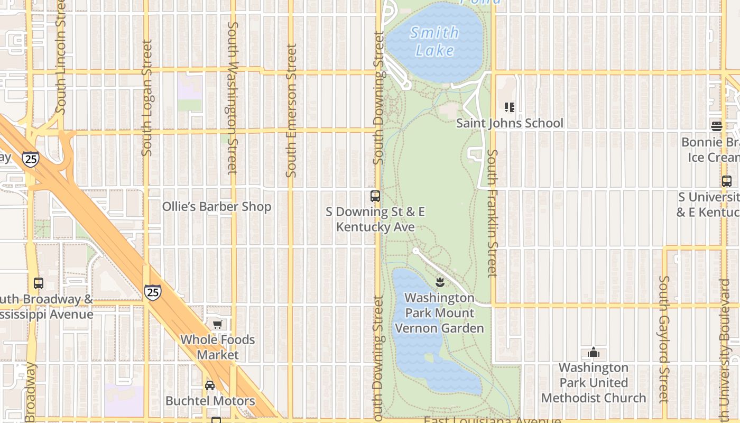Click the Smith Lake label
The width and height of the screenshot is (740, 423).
[x=434, y=41]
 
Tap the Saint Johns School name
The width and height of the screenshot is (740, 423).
[x=510, y=123]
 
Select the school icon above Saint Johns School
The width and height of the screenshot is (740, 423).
[x=510, y=107]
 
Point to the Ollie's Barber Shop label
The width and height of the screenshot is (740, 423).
[x=217, y=207]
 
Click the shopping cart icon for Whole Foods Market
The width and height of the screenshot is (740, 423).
[x=217, y=324]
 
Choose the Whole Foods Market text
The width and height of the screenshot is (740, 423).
[x=218, y=347]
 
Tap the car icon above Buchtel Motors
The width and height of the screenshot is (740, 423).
[x=210, y=385]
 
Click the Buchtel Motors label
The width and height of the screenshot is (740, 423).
[x=210, y=401]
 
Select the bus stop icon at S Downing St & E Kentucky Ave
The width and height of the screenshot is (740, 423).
[x=375, y=196]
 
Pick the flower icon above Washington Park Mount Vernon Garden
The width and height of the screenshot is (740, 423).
[x=440, y=282]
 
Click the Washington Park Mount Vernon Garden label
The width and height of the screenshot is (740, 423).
[x=440, y=313]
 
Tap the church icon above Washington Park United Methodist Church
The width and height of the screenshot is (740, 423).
[x=594, y=352]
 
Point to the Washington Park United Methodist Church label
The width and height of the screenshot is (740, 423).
[x=594, y=382]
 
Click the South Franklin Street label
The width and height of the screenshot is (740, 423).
[x=492, y=213]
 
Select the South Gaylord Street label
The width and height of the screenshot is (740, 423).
[x=664, y=338]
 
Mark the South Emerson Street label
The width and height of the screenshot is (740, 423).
[x=291, y=111]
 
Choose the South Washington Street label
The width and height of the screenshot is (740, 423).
[x=233, y=98]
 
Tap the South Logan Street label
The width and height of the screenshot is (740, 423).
[x=147, y=98]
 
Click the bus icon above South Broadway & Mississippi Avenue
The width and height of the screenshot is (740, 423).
[x=39, y=283]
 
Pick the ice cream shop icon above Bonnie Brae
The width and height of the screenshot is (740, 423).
[x=717, y=126]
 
